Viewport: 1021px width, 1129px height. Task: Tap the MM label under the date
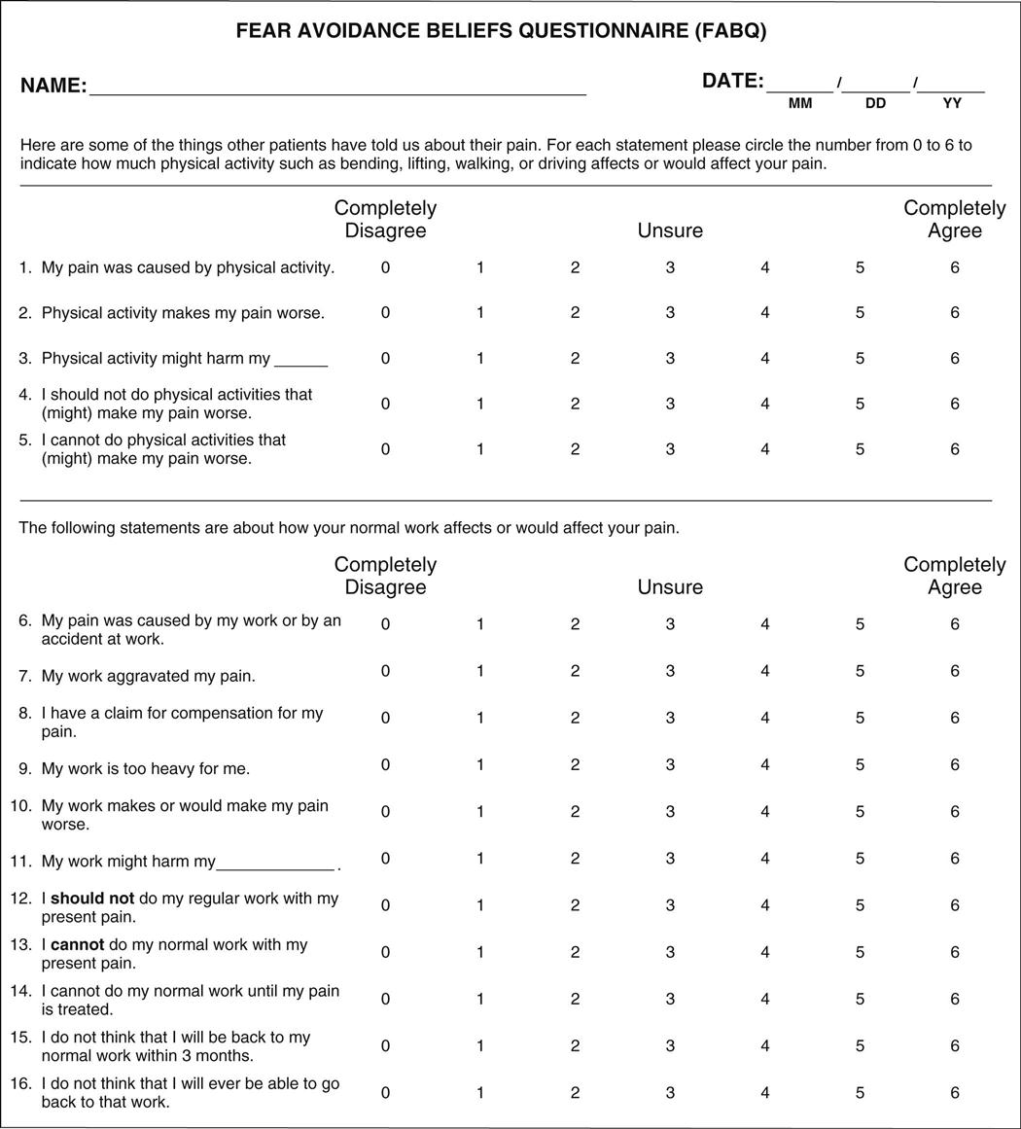point(800,103)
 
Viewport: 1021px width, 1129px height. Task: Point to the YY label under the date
point(952,103)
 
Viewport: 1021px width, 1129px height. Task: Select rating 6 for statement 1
point(955,267)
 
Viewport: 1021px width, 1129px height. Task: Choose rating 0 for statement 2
point(386,313)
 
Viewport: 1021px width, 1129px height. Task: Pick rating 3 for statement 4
point(670,404)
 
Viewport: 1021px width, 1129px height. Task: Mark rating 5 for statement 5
point(860,449)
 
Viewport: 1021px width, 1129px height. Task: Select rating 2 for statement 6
point(576,624)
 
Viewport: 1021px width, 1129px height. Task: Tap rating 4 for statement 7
point(765,671)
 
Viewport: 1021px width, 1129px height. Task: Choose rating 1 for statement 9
point(480,765)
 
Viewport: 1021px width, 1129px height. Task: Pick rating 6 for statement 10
point(955,812)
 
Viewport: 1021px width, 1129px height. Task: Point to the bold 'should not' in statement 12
point(92,899)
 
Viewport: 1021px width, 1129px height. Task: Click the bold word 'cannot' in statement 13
point(77,945)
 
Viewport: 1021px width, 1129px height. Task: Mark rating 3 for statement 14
point(670,999)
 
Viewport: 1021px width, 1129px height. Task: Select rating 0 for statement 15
point(386,1046)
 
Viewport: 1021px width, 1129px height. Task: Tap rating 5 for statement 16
point(860,1093)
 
